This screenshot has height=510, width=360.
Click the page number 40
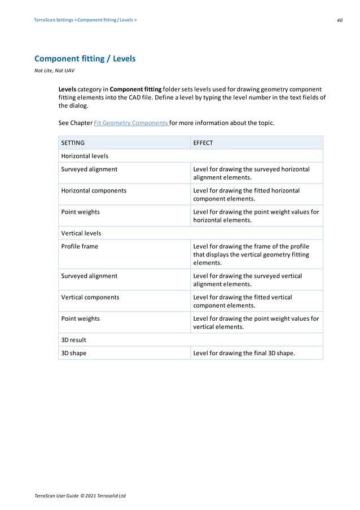[x=339, y=20]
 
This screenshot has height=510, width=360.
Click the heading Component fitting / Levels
[x=85, y=59]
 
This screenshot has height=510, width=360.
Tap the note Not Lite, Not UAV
[x=54, y=71]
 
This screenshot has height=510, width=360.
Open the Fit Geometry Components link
[x=127, y=123]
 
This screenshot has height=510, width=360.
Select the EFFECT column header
[x=203, y=143]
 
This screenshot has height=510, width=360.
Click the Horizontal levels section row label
[x=85, y=156]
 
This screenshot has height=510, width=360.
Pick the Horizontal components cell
[x=94, y=190]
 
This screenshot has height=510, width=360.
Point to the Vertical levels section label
[x=81, y=233]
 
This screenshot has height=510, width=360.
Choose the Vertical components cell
[x=90, y=297]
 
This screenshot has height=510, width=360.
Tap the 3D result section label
[x=73, y=340]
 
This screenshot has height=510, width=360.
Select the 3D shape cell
[x=74, y=353]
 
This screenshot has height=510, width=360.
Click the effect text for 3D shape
[x=244, y=353]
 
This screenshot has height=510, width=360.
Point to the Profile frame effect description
[x=251, y=254]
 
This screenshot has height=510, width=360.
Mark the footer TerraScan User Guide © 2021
[x=80, y=495]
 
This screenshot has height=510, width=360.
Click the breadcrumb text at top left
[x=85, y=20]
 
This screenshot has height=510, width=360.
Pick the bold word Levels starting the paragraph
[x=68, y=89]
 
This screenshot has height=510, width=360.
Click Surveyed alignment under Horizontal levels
[x=89, y=169]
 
